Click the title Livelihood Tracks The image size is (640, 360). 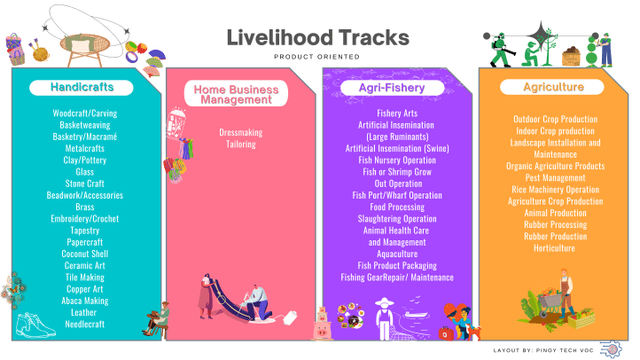coord(316,38)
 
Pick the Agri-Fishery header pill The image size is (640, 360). coord(391,88)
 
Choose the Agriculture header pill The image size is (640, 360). coord(552,87)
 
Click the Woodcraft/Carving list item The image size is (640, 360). coord(85,113)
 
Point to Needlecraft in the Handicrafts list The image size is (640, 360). coord(85,324)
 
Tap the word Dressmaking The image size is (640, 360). coord(241,132)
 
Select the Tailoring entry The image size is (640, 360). coord(241,144)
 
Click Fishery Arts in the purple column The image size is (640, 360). coord(397,113)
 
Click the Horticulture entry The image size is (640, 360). coord(555,248)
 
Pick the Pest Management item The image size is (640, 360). coord(555,178)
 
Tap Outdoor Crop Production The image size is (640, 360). coord(555,119)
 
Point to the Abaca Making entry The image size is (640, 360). coord(85,301)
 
